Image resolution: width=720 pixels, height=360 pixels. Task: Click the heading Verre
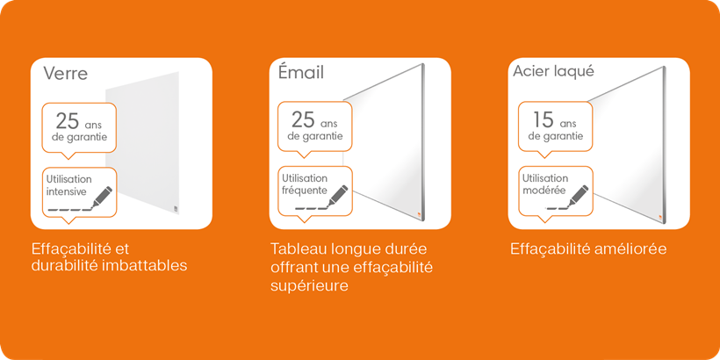click(66, 73)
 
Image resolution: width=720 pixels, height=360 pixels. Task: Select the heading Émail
click(301, 72)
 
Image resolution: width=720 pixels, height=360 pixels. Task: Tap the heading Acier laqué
click(553, 72)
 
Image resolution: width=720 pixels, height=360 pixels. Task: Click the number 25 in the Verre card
click(68, 121)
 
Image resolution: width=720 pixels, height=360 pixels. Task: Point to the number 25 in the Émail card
click(303, 119)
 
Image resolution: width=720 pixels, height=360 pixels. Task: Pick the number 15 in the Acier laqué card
click(544, 119)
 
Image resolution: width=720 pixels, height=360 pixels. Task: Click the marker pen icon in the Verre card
click(103, 197)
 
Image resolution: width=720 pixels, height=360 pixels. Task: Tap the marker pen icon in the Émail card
click(338, 196)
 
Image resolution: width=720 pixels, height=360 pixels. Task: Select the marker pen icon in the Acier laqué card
click(579, 196)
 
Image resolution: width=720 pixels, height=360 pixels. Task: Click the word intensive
click(66, 191)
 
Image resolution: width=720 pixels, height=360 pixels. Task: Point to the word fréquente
click(305, 191)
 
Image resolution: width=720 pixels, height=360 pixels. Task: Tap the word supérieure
click(309, 286)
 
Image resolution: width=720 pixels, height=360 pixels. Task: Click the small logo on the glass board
click(175, 209)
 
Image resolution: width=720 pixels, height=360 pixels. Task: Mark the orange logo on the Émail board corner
click(418, 212)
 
